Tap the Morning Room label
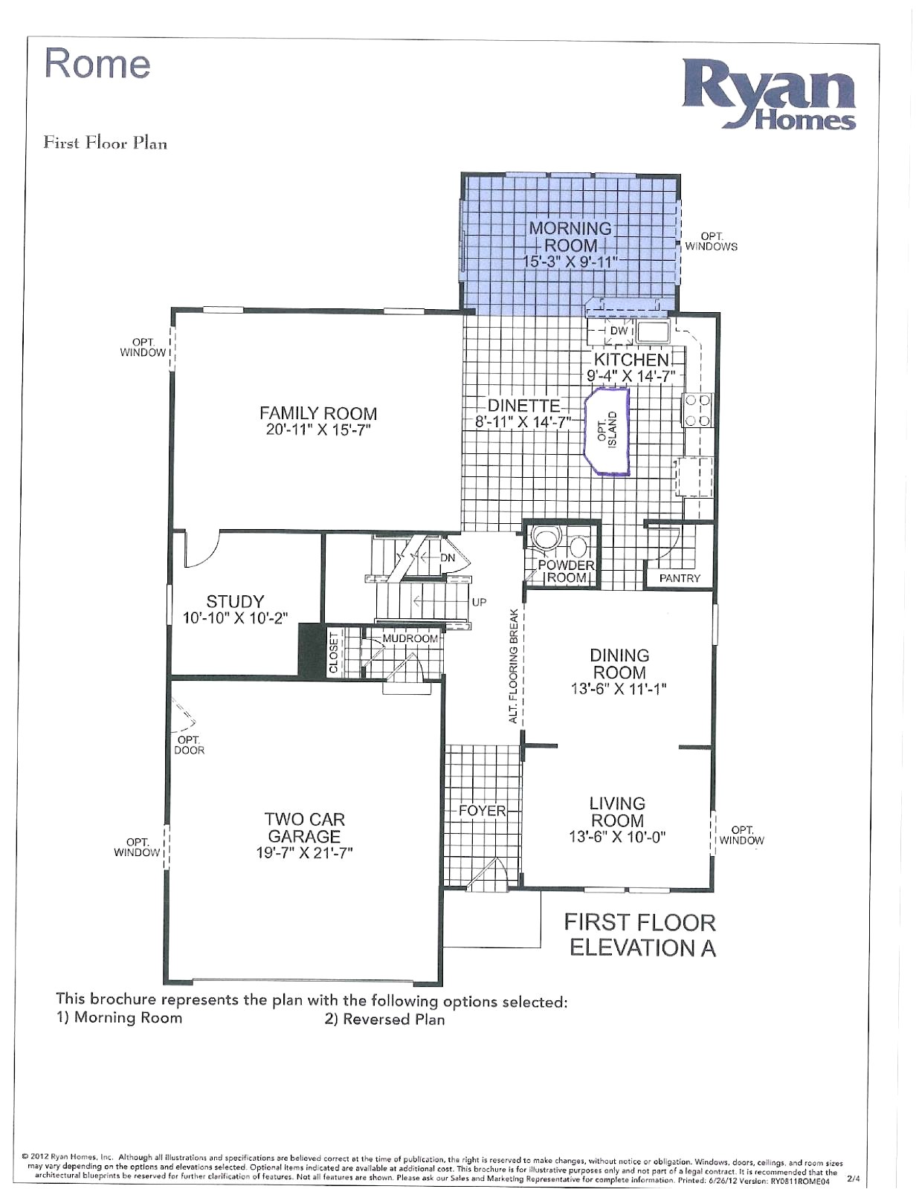click(x=570, y=237)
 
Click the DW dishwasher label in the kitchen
click(x=619, y=331)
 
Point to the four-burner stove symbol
click(x=697, y=410)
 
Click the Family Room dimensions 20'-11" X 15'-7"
click(x=318, y=430)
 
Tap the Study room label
click(x=235, y=601)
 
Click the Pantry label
click(x=680, y=578)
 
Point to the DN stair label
click(x=448, y=557)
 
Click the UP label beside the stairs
click(x=479, y=602)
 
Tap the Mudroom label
click(x=410, y=638)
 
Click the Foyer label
click(x=482, y=810)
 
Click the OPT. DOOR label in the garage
click(x=189, y=745)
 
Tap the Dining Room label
click(x=619, y=664)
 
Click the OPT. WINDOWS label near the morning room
click(x=711, y=242)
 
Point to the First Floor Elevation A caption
click(x=639, y=935)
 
